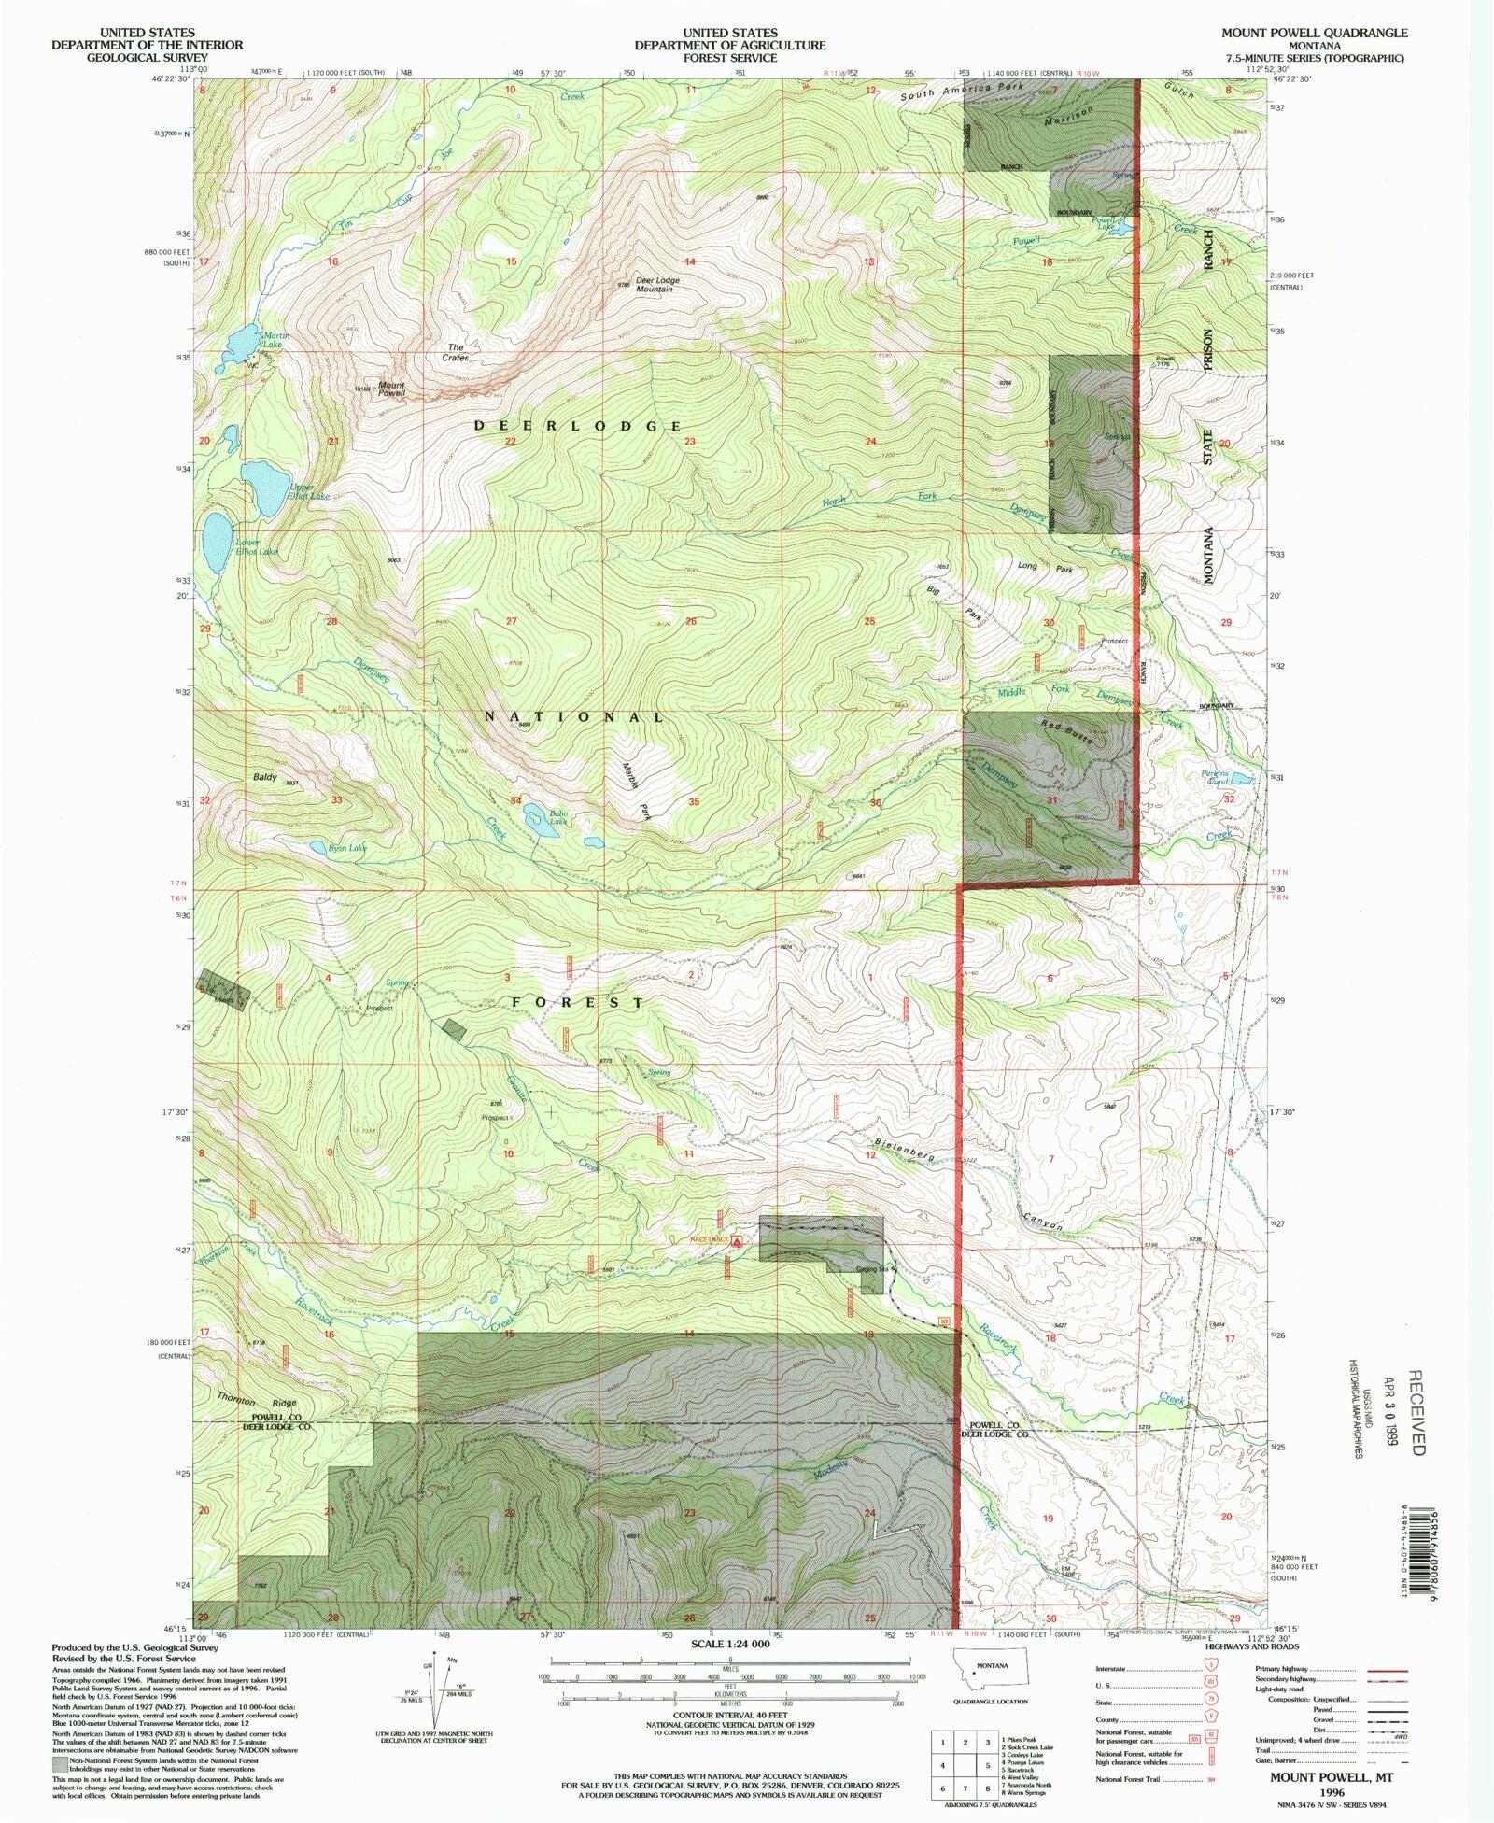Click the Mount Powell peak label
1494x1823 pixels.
pyautogui.click(x=391, y=389)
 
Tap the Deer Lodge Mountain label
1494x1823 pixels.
pyautogui.click(x=656, y=285)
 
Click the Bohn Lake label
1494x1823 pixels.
pyautogui.click(x=557, y=817)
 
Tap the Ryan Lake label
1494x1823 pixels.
pyautogui.click(x=347, y=848)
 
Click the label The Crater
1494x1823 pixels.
pyautogui.click(x=456, y=352)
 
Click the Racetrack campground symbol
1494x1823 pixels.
pyautogui.click(x=737, y=1242)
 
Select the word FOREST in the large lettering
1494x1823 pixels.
pyautogui.click(x=577, y=1002)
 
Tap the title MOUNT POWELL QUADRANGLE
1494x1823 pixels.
pyautogui.click(x=1314, y=33)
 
